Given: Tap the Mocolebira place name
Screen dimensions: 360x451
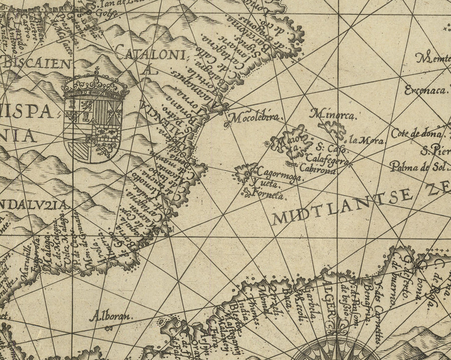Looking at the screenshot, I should (256, 119).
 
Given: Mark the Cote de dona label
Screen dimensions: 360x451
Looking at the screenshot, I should (418, 133).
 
